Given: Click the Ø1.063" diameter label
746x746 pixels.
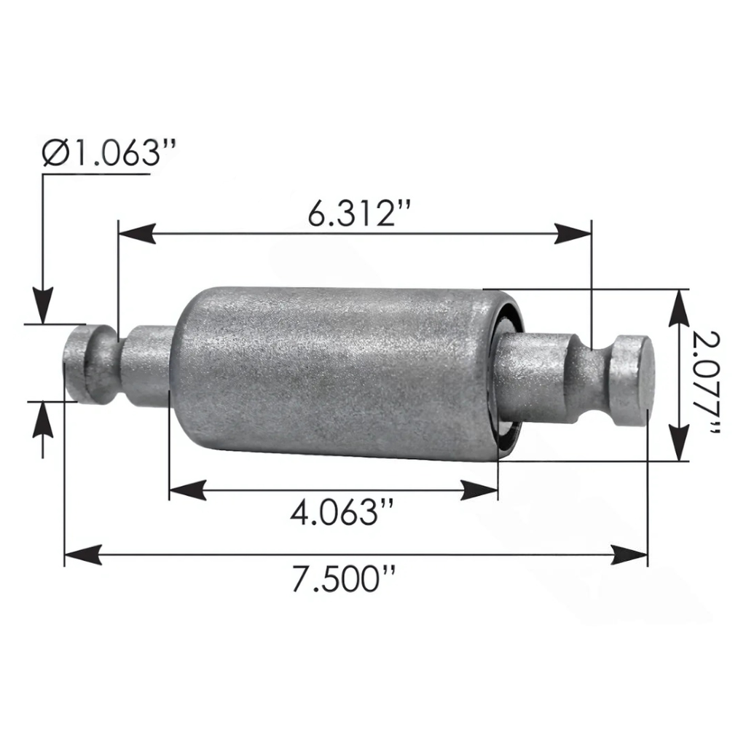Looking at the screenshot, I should [x=109, y=154].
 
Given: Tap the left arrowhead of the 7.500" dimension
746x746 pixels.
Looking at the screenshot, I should [x=82, y=555].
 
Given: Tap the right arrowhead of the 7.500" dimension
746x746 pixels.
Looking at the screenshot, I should [x=629, y=555].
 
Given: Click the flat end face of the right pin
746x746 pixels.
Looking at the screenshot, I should [x=633, y=382].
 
